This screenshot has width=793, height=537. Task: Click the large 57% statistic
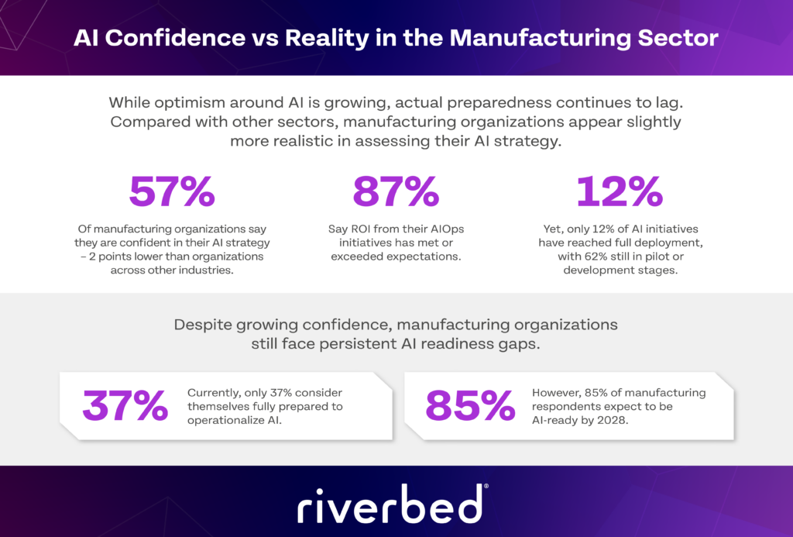pos(171,192)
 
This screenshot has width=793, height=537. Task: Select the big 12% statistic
pos(619,192)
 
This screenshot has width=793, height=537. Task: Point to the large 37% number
pos(125,406)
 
